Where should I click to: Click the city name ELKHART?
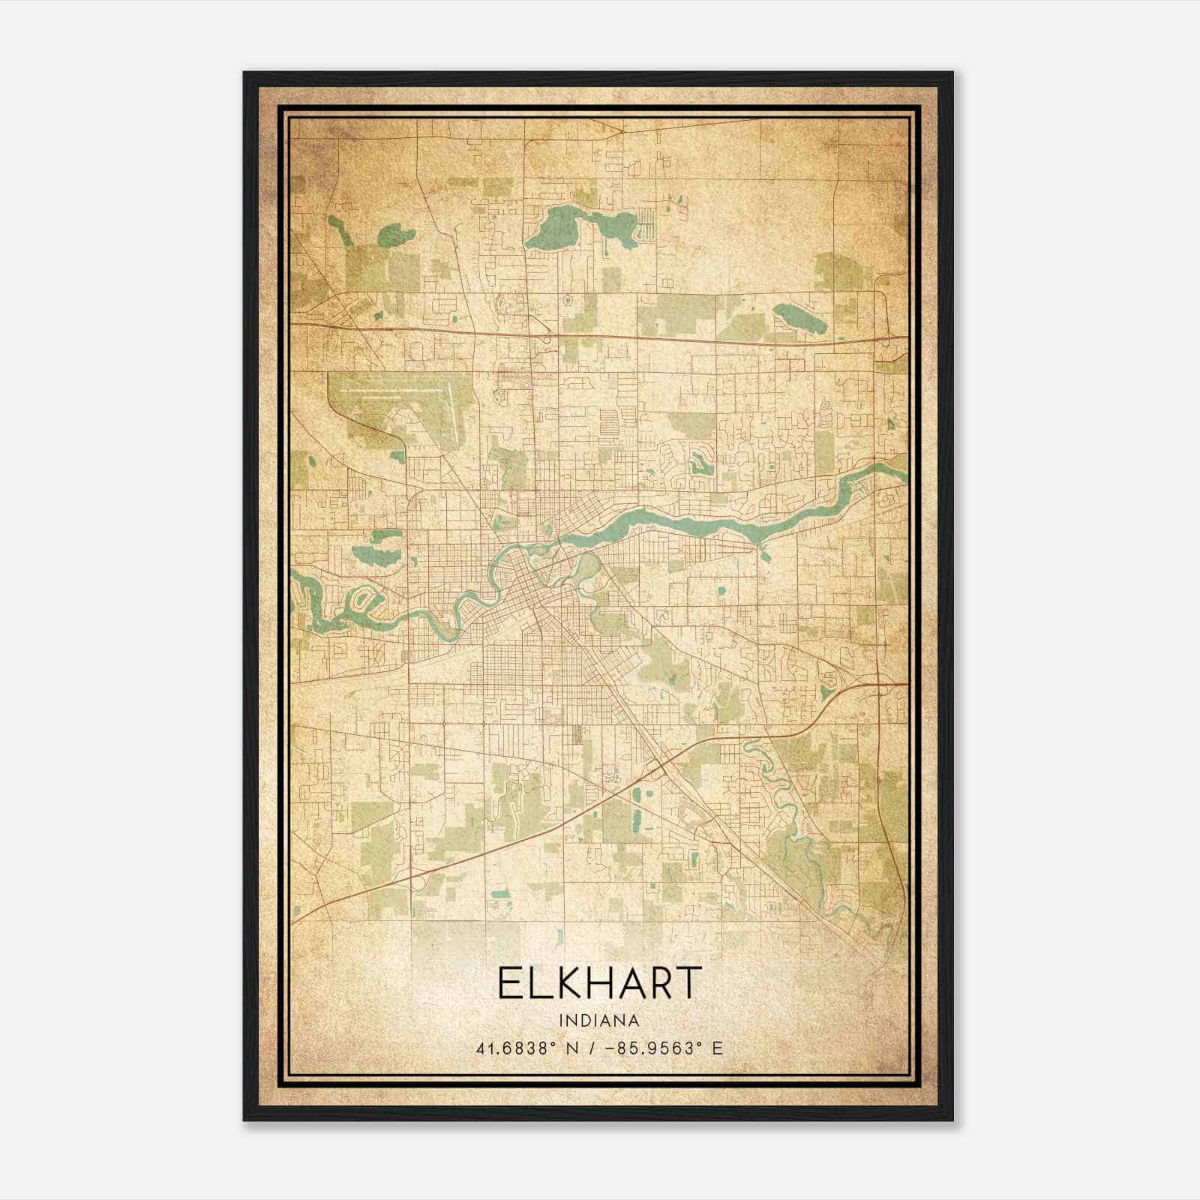pos(599,983)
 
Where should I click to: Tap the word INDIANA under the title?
pos(599,1021)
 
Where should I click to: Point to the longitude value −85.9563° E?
pos(660,1048)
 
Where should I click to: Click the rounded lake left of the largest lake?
pos(395,236)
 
